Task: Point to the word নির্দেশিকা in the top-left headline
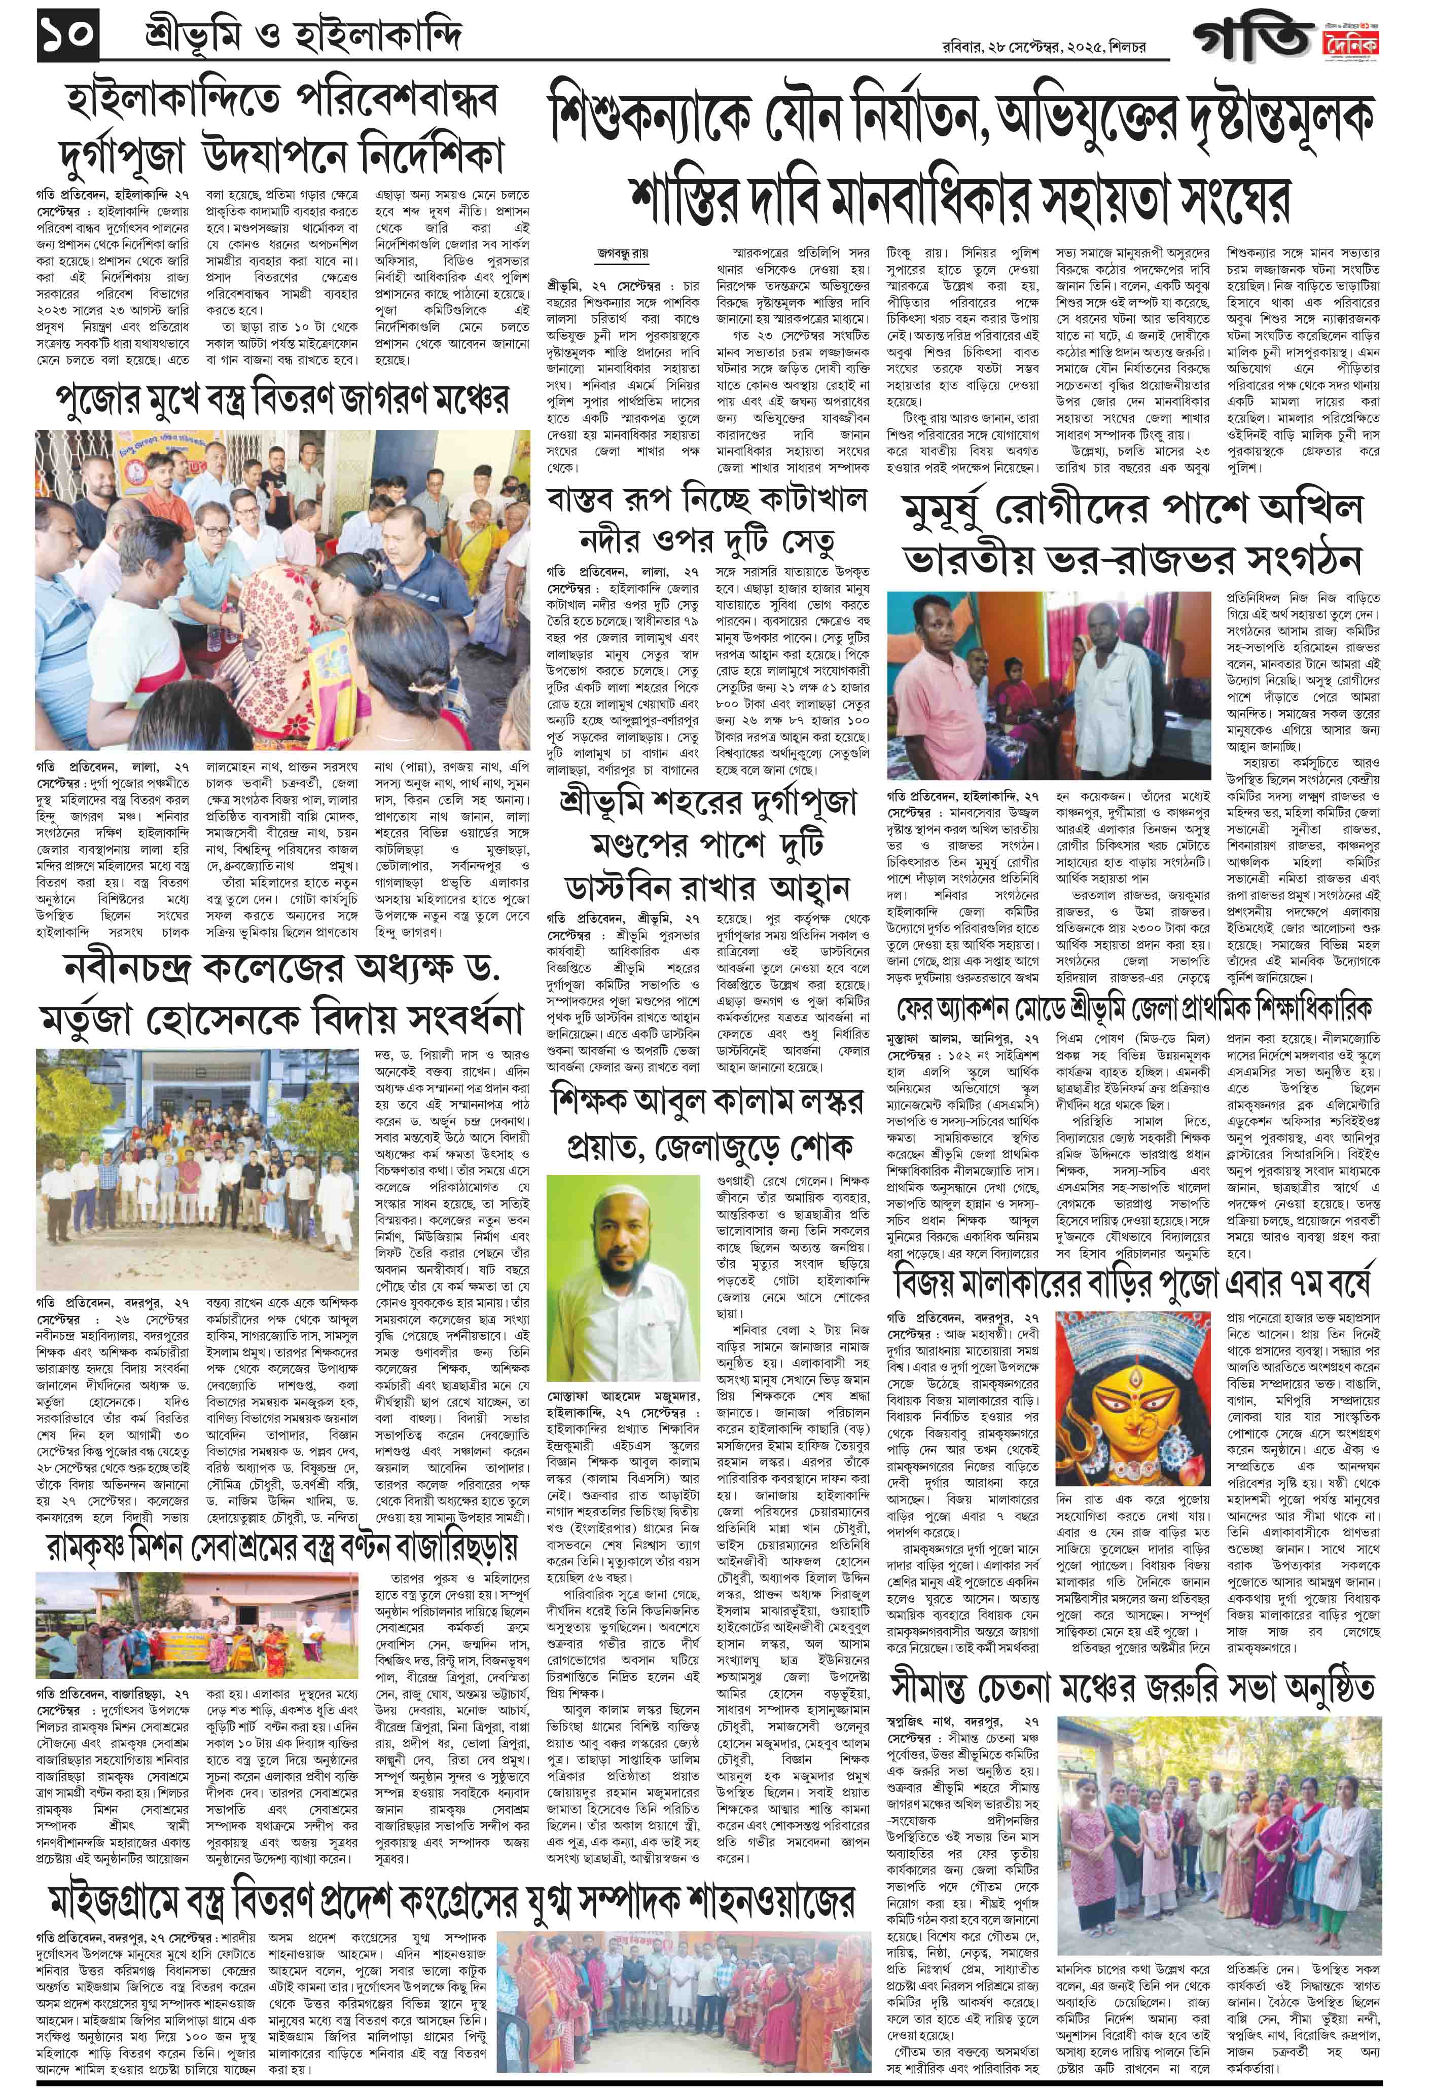tap(413, 158)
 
